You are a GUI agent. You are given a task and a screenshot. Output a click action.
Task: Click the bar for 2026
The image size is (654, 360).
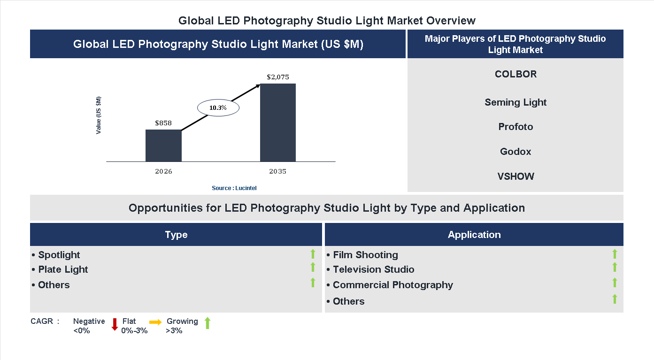click(x=163, y=146)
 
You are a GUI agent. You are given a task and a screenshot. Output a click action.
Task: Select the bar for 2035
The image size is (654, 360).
click(x=278, y=123)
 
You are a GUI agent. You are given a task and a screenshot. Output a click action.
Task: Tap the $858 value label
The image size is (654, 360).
click(x=163, y=123)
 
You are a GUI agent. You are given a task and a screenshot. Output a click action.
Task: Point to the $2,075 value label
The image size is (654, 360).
click(x=278, y=77)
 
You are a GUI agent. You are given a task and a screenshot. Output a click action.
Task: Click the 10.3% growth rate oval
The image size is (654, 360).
click(x=218, y=108)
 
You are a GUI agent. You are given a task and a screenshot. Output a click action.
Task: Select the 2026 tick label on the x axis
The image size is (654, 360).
click(x=163, y=171)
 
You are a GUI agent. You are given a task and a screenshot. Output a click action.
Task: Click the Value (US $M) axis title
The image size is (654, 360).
click(x=99, y=115)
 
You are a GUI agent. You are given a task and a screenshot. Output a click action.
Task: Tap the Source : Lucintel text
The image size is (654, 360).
click(x=234, y=188)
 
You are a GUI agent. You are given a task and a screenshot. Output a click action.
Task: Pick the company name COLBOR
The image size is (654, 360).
click(x=516, y=74)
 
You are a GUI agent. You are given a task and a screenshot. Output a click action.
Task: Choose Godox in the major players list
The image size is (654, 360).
click(x=516, y=152)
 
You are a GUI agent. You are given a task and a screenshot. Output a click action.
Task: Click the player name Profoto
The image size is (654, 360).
click(x=516, y=127)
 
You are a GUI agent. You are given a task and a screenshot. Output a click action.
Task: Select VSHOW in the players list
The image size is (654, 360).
click(x=516, y=176)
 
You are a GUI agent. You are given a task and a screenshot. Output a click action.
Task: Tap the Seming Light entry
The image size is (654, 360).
click(x=516, y=102)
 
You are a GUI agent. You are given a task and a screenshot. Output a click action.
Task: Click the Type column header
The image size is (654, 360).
click(x=176, y=235)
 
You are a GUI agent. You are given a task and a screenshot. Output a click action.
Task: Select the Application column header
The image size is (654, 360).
click(x=474, y=235)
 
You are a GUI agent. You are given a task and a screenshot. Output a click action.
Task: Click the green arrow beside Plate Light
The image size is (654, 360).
click(x=313, y=267)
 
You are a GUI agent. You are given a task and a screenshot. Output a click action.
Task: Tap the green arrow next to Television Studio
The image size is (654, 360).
click(x=615, y=267)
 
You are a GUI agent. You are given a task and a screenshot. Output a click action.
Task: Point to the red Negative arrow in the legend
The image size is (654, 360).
click(x=115, y=324)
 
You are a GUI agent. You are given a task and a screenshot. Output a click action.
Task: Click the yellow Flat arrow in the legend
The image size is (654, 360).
click(x=155, y=322)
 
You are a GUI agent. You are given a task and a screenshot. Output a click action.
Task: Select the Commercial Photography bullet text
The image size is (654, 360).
click(x=392, y=285)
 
